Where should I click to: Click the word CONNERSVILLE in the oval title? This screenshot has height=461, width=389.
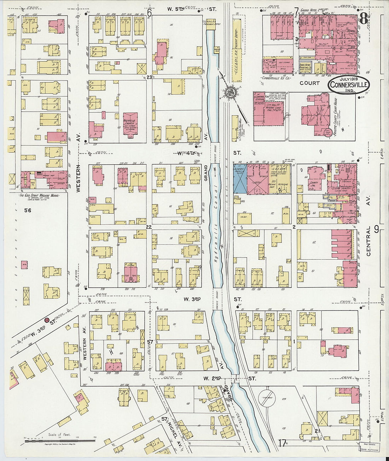click(x=349, y=85)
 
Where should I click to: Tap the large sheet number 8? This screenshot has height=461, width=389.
click(x=363, y=19)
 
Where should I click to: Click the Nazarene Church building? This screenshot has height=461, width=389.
click(x=130, y=124)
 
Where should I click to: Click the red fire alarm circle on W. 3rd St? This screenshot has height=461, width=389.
click(x=47, y=320)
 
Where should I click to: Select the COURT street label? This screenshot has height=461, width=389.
click(x=309, y=83)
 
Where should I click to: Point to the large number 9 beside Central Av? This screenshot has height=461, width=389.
click(x=376, y=230)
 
